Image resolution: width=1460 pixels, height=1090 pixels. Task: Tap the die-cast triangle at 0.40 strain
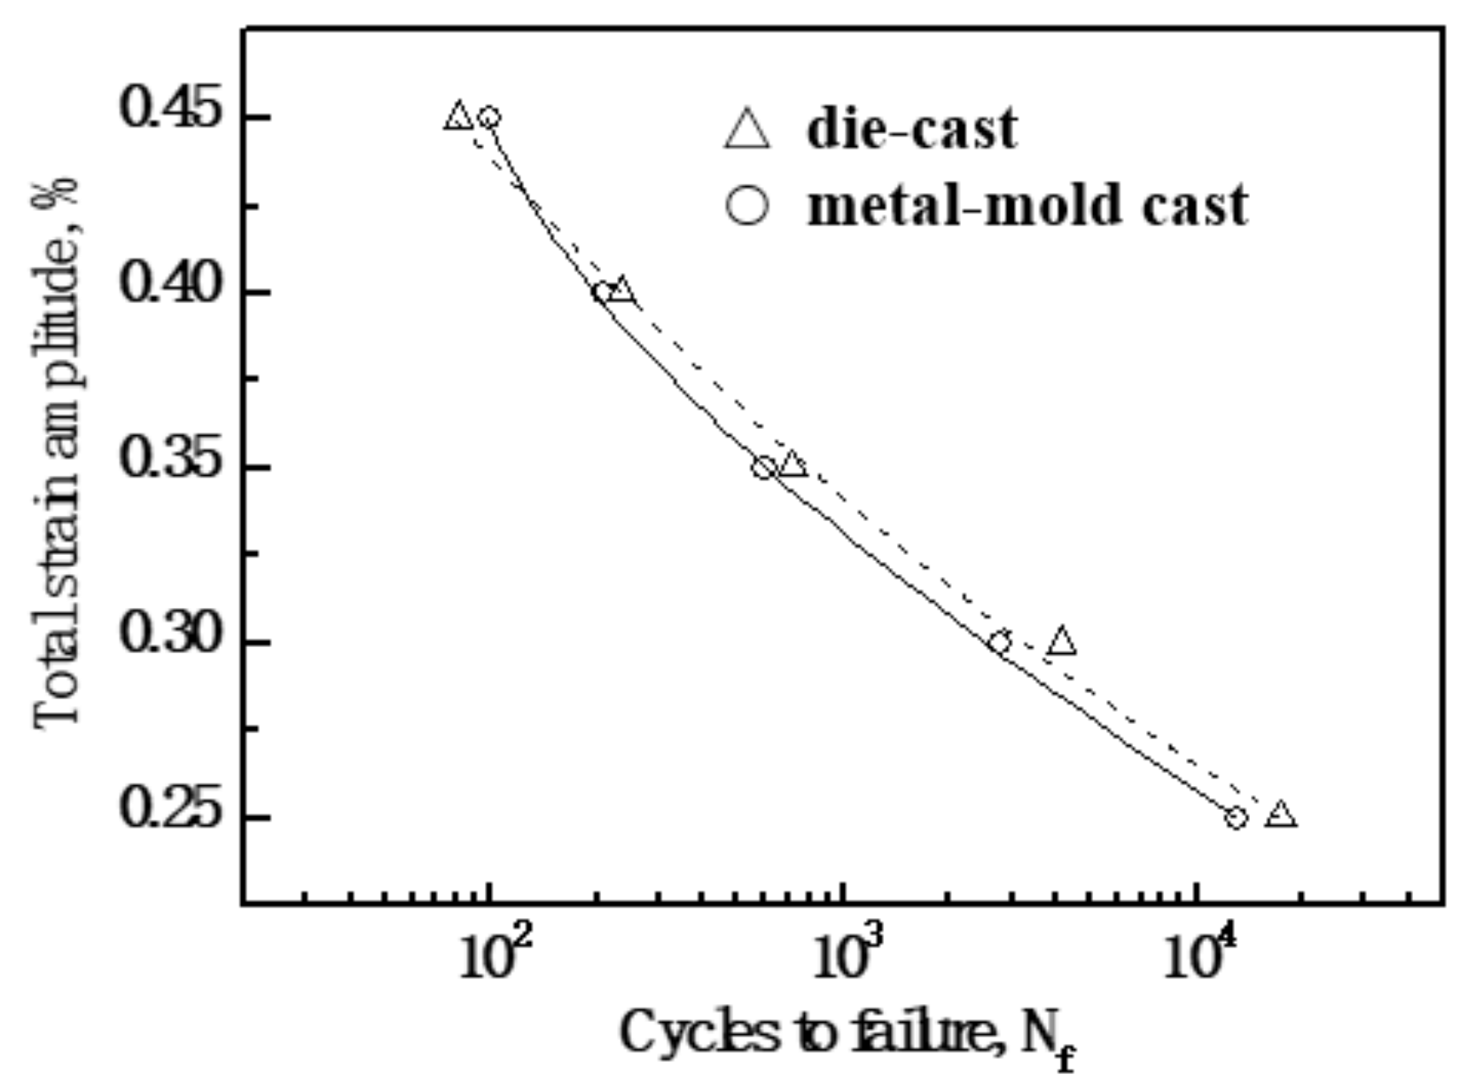(x=621, y=291)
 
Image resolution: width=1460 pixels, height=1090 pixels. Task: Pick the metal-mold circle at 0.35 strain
(x=764, y=468)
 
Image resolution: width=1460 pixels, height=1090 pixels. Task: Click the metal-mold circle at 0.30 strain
(x=1000, y=642)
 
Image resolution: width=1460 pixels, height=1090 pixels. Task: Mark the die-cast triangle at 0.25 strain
(x=1281, y=814)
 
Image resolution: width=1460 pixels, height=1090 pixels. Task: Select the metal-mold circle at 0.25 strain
(x=1237, y=818)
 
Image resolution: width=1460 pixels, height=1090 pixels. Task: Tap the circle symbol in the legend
(x=747, y=207)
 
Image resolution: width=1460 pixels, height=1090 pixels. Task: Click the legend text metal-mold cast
(x=1027, y=206)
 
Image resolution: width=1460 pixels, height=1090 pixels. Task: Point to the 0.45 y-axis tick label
(x=168, y=115)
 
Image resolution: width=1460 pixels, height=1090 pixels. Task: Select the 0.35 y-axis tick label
(x=168, y=465)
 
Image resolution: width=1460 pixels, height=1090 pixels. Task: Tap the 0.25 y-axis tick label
(x=168, y=814)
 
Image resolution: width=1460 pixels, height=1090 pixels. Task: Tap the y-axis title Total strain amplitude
(x=59, y=452)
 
